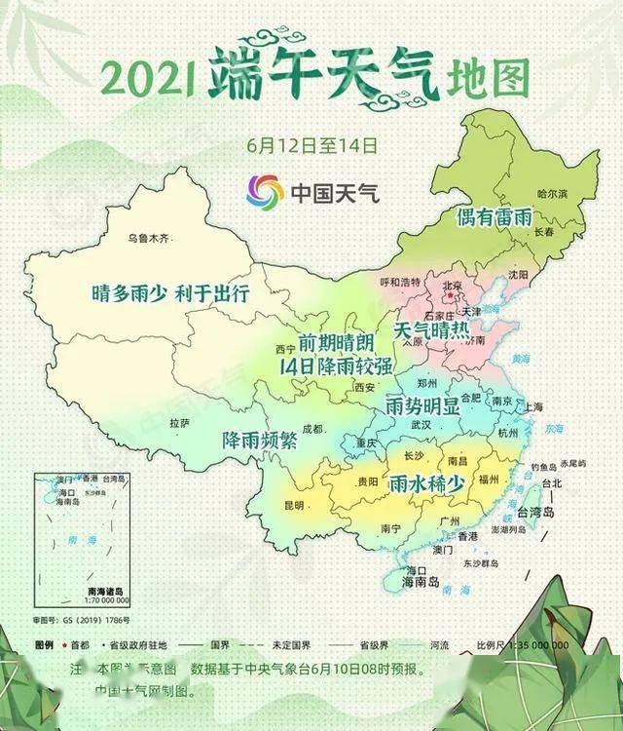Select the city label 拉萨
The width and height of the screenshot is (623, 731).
(178, 424)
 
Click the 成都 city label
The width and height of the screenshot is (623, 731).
(311, 428)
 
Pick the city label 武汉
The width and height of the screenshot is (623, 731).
(421, 425)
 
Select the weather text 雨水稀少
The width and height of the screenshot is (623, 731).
(427, 482)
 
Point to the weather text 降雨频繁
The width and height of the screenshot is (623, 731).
(259, 440)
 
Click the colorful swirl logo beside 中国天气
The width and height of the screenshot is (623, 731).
(265, 192)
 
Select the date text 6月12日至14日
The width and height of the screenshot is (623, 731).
(311, 145)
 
